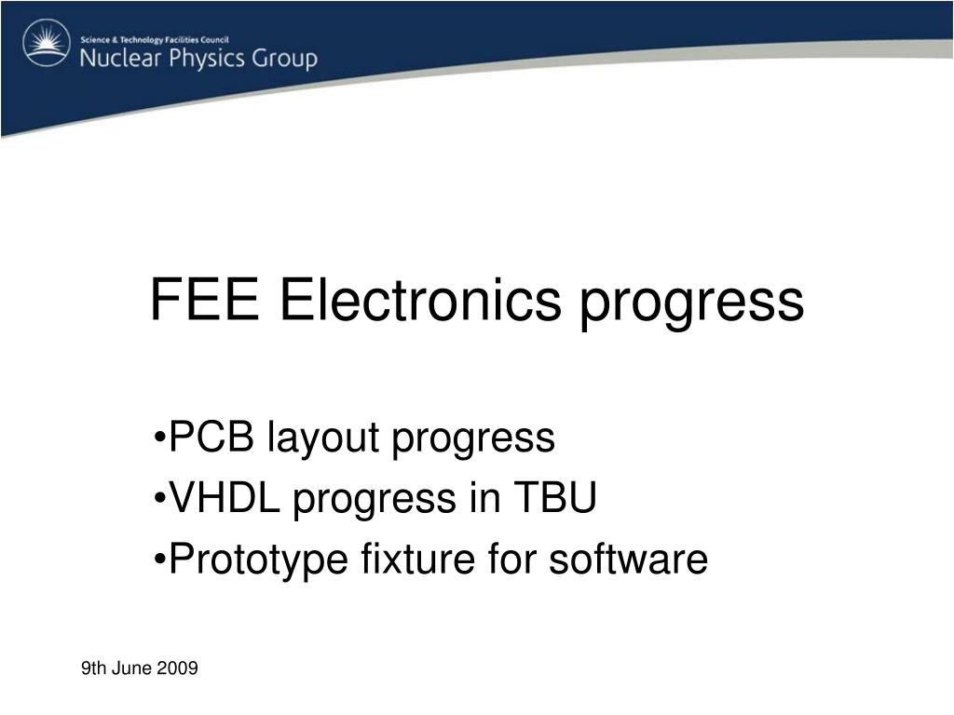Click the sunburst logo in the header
(47, 42)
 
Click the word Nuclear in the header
(121, 59)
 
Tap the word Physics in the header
(207, 59)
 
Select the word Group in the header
(285, 60)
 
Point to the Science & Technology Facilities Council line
(155, 40)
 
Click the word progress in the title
(692, 305)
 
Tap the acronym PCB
(211, 437)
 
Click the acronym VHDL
(225, 497)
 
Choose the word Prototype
(259, 560)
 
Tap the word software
(629, 559)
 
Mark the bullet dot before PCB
(160, 438)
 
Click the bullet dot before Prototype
(160, 560)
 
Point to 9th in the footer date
(94, 668)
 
